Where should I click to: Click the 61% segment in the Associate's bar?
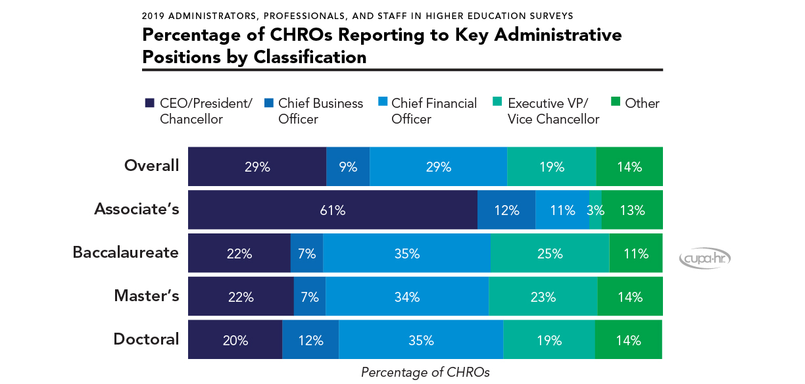pos(333,210)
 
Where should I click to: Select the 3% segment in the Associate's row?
pos(595,210)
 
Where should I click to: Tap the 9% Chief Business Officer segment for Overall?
pos(348,166)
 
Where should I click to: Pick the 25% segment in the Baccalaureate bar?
pos(550,253)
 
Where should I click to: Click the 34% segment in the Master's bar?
pos(407,297)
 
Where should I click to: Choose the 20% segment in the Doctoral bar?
pos(235,340)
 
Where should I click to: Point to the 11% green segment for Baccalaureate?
pos(636,253)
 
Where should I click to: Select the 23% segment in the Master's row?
pos(543,297)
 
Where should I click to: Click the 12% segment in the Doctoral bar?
pos(310,340)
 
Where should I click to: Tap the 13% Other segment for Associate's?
pos(632,210)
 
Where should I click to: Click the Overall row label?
pos(151,165)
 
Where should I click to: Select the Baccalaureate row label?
pos(126,252)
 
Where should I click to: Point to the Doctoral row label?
pos(146,339)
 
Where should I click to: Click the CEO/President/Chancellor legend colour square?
pos(149,103)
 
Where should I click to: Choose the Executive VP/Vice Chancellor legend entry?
pos(553,111)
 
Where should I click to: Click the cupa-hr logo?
pos(704,258)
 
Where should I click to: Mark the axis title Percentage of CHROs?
pos(425,372)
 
